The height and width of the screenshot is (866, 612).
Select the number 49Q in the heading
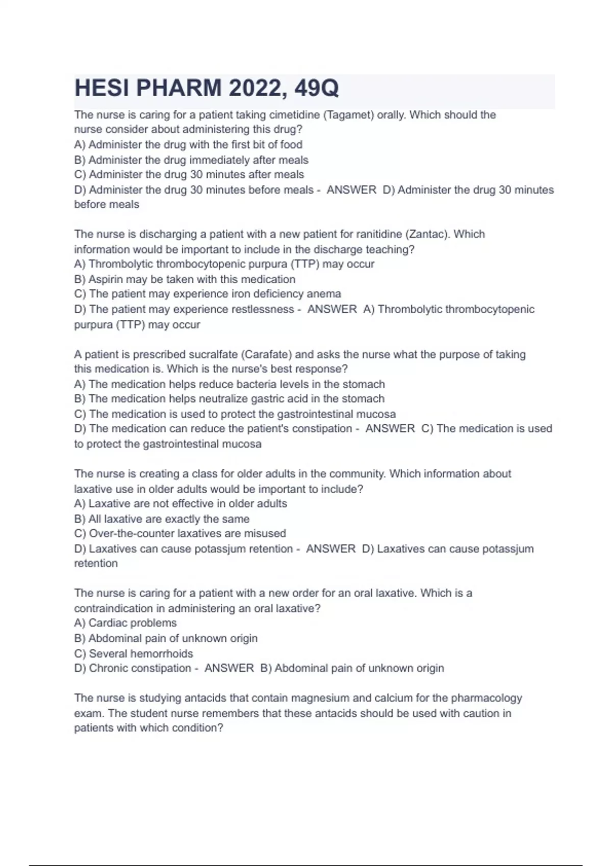click(317, 89)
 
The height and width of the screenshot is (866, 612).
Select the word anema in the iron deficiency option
click(324, 294)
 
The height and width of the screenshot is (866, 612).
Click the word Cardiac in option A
click(107, 623)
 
